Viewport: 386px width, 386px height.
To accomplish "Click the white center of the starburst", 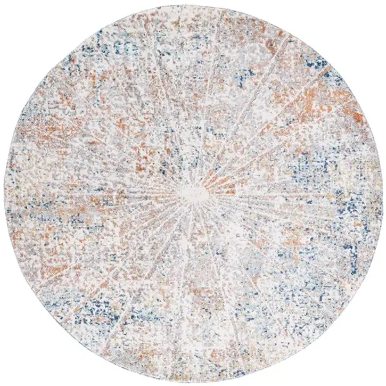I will click(192, 193).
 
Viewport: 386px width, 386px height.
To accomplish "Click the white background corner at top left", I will click(13, 13).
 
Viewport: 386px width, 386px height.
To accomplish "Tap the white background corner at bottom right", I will click(373, 373).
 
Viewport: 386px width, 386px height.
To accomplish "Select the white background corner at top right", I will click(373, 13).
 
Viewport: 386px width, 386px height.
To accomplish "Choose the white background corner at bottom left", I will click(13, 373).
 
